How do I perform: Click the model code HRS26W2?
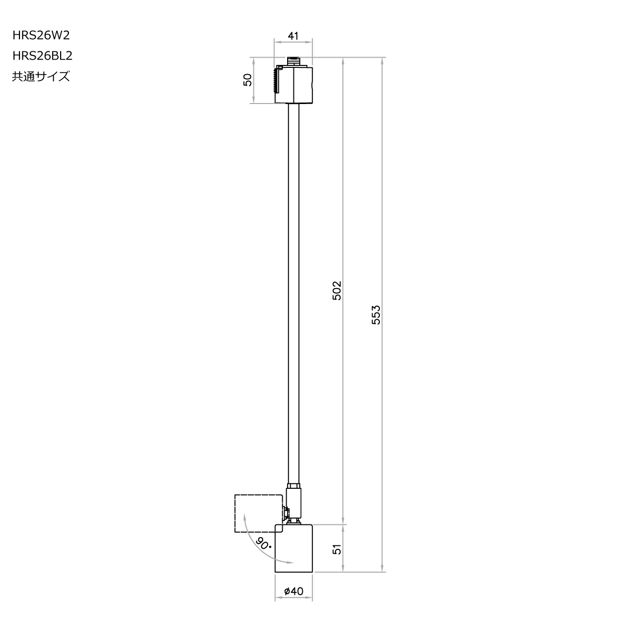coord(44,35)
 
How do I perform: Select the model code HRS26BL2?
coord(42,56)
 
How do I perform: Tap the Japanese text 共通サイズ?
coord(41,77)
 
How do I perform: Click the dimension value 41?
coord(293,36)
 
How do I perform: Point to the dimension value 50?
coord(248,80)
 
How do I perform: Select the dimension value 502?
coord(336,291)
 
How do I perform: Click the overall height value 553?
coord(375,315)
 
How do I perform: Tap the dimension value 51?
coord(336,548)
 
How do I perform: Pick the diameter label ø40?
coord(293,591)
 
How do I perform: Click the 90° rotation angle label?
coord(264,543)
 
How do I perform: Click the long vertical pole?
coord(293,293)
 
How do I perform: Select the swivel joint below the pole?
coord(293,503)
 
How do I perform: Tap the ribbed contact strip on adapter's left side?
coord(276,81)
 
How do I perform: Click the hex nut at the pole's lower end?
coord(293,486)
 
